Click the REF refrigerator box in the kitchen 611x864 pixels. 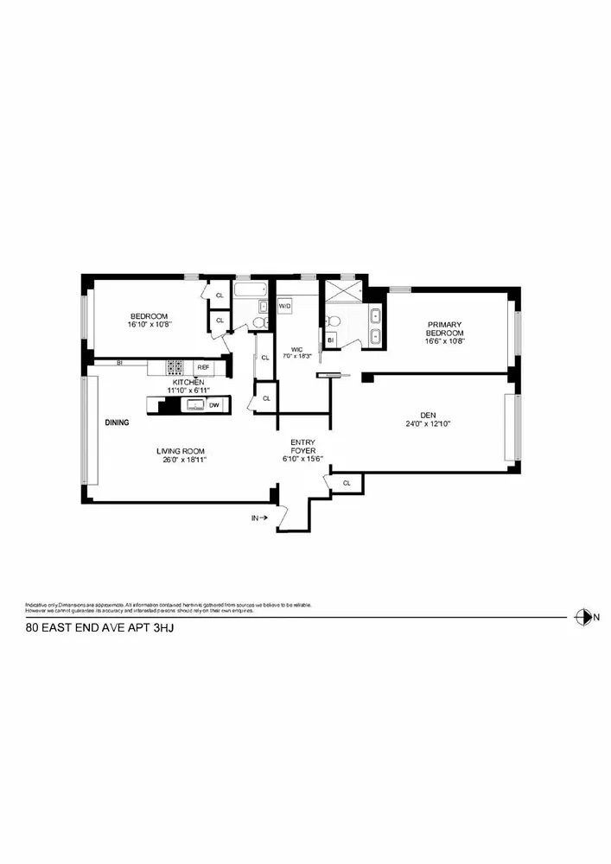pyautogui.click(x=203, y=367)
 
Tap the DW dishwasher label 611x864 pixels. pyautogui.click(x=213, y=404)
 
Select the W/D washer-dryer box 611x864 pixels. pyautogui.click(x=284, y=306)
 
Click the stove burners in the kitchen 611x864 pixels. pyautogui.click(x=175, y=367)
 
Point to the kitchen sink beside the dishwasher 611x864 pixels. pyautogui.click(x=194, y=404)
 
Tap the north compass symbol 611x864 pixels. pyautogui.click(x=582, y=617)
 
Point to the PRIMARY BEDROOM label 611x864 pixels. pyautogui.click(x=444, y=329)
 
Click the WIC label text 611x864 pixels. pyautogui.click(x=295, y=349)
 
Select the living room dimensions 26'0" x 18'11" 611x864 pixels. pyautogui.click(x=181, y=460)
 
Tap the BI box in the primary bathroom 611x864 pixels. pyautogui.click(x=330, y=340)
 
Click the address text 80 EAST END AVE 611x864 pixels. pyautogui.click(x=78, y=631)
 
